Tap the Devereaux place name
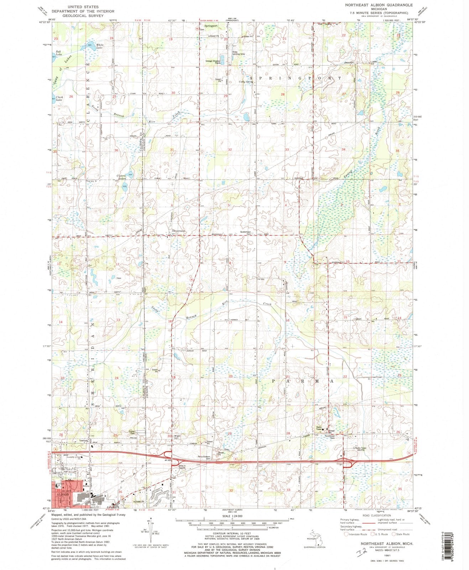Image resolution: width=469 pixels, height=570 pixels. click(x=179, y=231)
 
